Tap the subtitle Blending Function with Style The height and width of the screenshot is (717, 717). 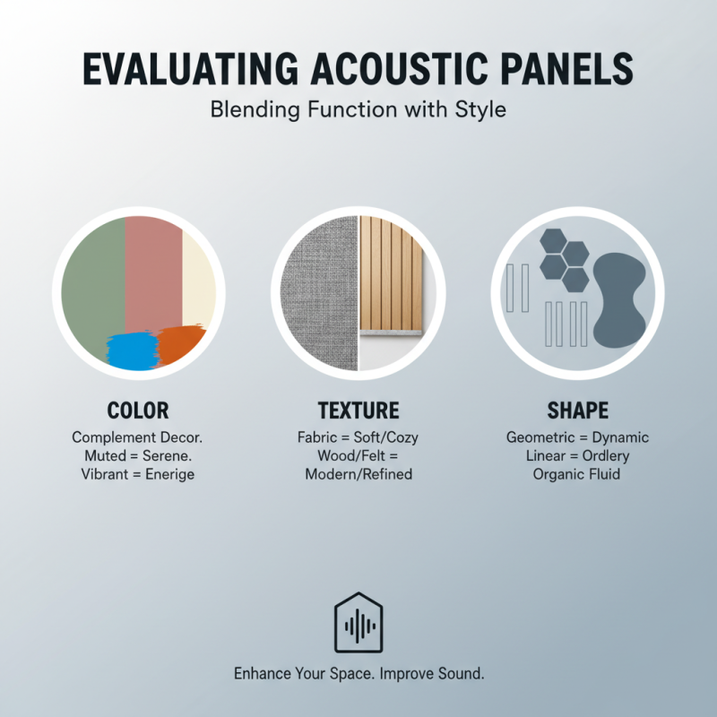pos(358,111)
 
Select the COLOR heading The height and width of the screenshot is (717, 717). pos(138,410)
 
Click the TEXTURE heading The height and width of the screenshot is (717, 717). pos(358,410)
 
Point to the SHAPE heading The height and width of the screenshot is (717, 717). pos(578,410)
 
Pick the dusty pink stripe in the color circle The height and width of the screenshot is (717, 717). pos(153,269)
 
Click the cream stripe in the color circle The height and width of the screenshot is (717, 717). pos(199,278)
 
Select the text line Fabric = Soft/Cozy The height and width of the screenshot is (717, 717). pos(358,438)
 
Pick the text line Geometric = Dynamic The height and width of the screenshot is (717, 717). pos(578,438)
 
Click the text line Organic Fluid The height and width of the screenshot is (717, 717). pos(578,474)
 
